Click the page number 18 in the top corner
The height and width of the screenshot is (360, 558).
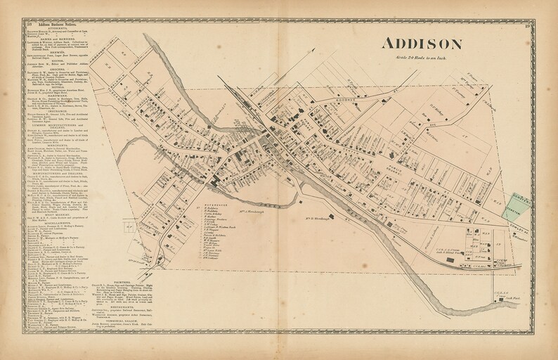[x=26, y=25]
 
